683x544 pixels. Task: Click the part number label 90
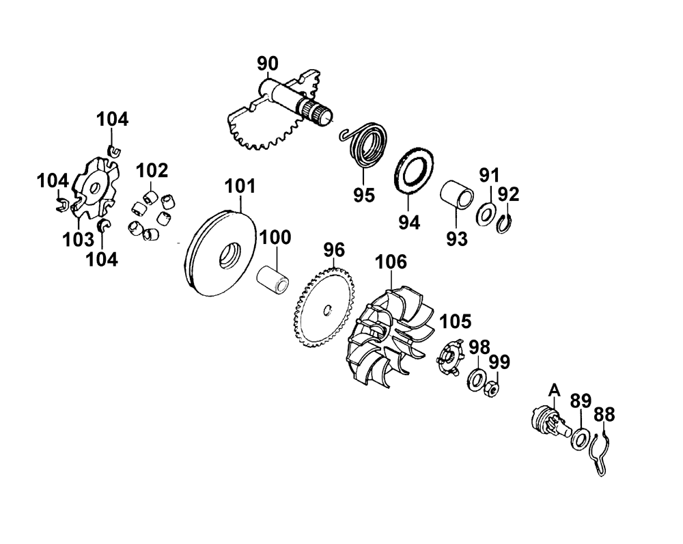pos(268,64)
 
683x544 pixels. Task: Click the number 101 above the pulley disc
pos(240,186)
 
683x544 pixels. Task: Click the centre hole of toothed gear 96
pos(326,310)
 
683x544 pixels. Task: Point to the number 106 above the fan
pos(391,262)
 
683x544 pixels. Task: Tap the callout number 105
pos(455,321)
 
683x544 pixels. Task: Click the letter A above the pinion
pos(555,389)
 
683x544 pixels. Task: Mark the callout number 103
pos(79,239)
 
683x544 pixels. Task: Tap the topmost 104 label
pos(112,120)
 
